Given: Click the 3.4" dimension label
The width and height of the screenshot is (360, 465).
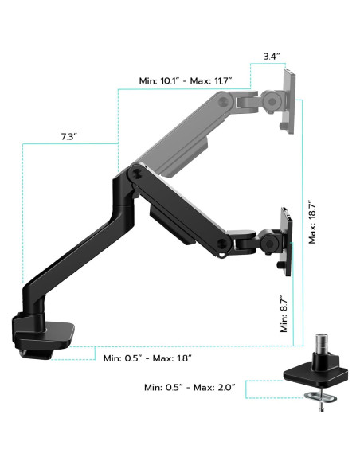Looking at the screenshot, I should pyautogui.click(x=272, y=57).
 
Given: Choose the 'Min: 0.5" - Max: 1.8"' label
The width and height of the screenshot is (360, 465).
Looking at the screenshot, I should pyautogui.click(x=147, y=358).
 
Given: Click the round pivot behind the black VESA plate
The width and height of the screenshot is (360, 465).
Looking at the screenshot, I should pyautogui.click(x=268, y=239).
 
